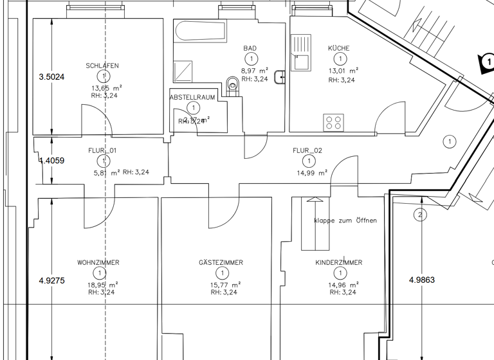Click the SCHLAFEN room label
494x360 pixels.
(x=102, y=66)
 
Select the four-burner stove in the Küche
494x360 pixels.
(x=333, y=122)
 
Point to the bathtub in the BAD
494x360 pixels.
(x=200, y=31)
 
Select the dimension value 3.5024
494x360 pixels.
(x=51, y=76)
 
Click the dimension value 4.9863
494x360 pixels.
(x=422, y=280)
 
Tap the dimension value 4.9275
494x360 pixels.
(x=51, y=280)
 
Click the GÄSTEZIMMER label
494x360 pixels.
(x=221, y=263)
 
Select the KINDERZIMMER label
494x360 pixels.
(x=338, y=263)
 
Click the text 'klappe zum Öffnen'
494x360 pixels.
(x=345, y=221)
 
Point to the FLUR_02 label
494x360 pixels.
(x=307, y=150)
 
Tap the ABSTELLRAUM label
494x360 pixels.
(x=192, y=97)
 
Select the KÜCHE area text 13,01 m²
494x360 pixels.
(x=343, y=71)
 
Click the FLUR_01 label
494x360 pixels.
(x=102, y=150)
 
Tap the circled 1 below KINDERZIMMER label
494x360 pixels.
(x=338, y=273)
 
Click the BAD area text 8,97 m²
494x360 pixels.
(x=254, y=71)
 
